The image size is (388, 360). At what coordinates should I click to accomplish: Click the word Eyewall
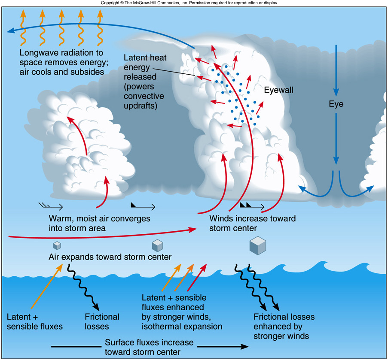[280, 90]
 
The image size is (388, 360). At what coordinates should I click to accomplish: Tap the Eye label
[336, 104]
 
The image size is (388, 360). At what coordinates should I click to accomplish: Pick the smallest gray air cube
[57, 245]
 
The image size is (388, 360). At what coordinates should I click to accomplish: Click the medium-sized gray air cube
[157, 245]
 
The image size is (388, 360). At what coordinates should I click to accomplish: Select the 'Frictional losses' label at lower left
[102, 321]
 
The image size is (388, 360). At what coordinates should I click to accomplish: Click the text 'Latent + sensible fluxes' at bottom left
[35, 321]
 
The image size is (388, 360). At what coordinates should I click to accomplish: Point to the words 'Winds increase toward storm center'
[252, 223]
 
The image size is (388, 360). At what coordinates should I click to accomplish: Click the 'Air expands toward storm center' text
[110, 257]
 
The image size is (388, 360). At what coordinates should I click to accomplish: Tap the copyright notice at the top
[189, 3]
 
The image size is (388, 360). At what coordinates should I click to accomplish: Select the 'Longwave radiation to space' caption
[61, 62]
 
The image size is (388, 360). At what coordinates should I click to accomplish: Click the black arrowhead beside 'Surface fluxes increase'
[243, 346]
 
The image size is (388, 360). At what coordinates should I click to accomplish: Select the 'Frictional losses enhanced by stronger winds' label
[284, 326]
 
